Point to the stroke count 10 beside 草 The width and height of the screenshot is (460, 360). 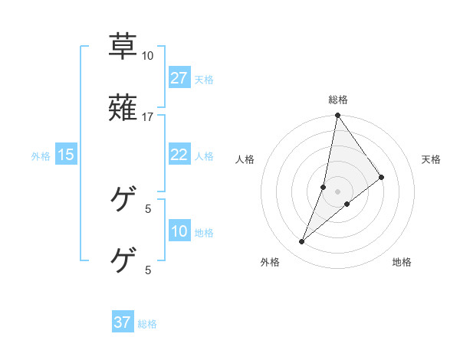coord(148,56)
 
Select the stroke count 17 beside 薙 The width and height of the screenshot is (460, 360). coord(148,117)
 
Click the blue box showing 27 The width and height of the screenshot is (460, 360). coord(179,77)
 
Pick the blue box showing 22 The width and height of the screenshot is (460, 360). coord(179,155)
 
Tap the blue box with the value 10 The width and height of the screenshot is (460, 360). coord(179,231)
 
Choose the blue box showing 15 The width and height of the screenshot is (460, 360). coord(66,155)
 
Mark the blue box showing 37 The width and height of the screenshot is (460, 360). coord(123,322)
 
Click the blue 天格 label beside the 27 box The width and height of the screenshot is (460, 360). coord(203,79)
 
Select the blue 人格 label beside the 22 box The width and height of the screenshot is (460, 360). coord(203,156)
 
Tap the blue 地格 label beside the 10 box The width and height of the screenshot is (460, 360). coord(203,233)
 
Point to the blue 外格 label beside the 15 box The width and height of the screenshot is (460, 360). coord(41,156)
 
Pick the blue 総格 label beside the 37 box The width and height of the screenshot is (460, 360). coord(147,324)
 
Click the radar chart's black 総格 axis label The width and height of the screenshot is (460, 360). coord(338,100)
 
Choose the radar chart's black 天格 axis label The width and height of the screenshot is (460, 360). coord(432,159)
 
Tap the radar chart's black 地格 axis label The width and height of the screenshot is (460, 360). coord(402,262)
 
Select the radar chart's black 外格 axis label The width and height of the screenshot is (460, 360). coord(269,262)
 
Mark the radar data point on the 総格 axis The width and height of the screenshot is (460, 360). coord(337,116)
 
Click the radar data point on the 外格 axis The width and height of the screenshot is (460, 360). coord(302,242)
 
